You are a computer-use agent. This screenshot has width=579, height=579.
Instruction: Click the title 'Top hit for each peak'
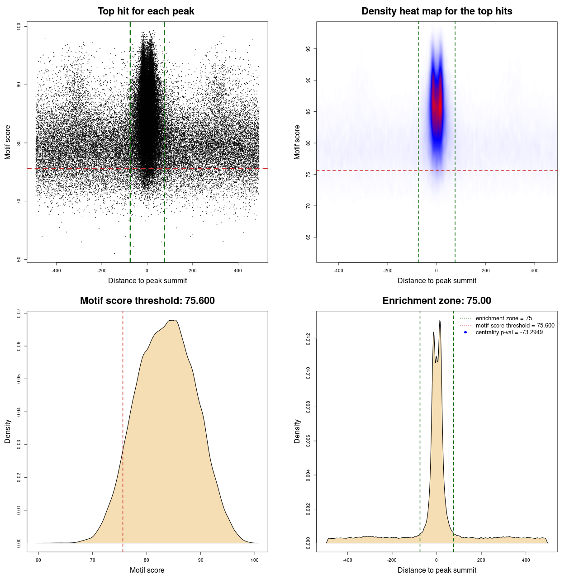click(146, 11)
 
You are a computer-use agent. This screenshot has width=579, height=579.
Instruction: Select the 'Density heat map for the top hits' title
click(437, 11)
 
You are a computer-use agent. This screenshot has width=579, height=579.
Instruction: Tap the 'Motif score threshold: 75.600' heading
click(147, 301)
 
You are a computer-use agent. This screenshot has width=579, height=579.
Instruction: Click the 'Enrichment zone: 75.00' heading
click(437, 301)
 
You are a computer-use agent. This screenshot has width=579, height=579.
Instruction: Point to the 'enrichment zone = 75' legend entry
click(503, 318)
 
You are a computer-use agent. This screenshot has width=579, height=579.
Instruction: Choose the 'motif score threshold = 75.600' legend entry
click(515, 326)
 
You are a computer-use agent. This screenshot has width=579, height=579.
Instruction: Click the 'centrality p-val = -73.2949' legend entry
click(509, 332)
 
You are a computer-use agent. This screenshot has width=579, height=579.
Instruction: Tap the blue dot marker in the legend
click(465, 332)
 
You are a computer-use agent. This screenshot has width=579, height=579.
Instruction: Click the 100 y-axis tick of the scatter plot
click(19, 27)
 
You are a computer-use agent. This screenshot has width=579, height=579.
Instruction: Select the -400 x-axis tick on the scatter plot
click(56, 271)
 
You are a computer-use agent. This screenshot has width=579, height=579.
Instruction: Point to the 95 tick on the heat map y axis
click(308, 49)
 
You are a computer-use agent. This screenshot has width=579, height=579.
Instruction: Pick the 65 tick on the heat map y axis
click(308, 237)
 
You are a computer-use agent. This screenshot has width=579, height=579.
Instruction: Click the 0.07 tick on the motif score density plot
click(19, 313)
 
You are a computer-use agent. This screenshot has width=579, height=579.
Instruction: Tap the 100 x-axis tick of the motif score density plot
click(255, 560)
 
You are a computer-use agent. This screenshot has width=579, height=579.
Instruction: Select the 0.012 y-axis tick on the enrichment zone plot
click(308, 339)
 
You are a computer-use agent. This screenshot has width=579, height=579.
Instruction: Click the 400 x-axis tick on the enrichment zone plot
click(526, 560)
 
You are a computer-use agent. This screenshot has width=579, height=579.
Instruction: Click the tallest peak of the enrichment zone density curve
click(440, 321)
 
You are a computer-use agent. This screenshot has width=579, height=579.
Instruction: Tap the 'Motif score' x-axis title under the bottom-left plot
click(147, 570)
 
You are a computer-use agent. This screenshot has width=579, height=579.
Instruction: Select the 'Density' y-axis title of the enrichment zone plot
click(297, 431)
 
